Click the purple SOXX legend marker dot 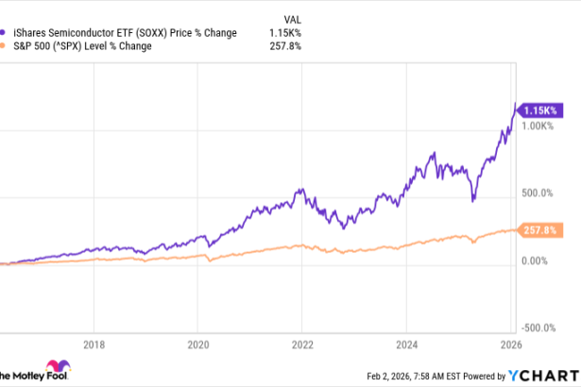pos(7,32)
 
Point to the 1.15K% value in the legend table pos(284,32)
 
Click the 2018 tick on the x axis pos(93,345)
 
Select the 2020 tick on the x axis pos(197,345)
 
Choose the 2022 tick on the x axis pos(302,345)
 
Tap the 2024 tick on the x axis pos(407,345)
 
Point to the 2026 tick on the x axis pos(510,345)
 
